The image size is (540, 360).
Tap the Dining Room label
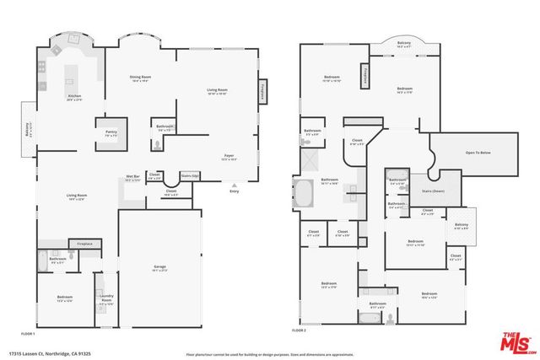click(138, 78)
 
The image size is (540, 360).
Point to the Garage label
click(159, 267)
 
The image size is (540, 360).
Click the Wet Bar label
click(132, 178)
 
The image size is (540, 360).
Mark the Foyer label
click(228, 156)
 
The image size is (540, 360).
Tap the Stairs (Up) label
click(190, 176)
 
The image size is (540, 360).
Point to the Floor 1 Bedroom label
click(65, 298)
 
